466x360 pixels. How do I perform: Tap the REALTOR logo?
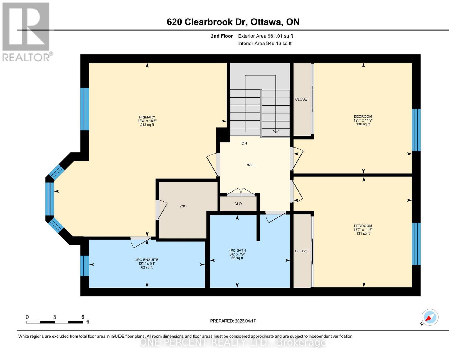pyautogui.click(x=26, y=31)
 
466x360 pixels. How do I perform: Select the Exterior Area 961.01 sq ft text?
pyautogui.click(x=265, y=36)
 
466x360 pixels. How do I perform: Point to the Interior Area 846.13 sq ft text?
pyautogui.click(x=265, y=43)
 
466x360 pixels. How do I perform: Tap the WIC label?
pyautogui.click(x=183, y=206)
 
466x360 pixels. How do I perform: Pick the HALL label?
pyautogui.click(x=251, y=165)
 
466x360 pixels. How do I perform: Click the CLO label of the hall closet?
pyautogui.click(x=238, y=204)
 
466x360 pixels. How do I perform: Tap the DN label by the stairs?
pyautogui.click(x=244, y=143)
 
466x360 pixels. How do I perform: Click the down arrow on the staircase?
pyautogui.click(x=275, y=130)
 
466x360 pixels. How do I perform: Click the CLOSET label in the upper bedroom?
pyautogui.click(x=302, y=99)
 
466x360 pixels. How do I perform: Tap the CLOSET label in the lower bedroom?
pyautogui.click(x=302, y=251)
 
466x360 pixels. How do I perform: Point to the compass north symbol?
pyautogui.click(x=430, y=317)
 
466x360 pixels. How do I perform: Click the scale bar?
pyautogui.click(x=54, y=322)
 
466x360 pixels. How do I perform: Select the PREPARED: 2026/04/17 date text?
pyautogui.click(x=233, y=321)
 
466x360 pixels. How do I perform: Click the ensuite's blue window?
pyautogui.click(x=85, y=265)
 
